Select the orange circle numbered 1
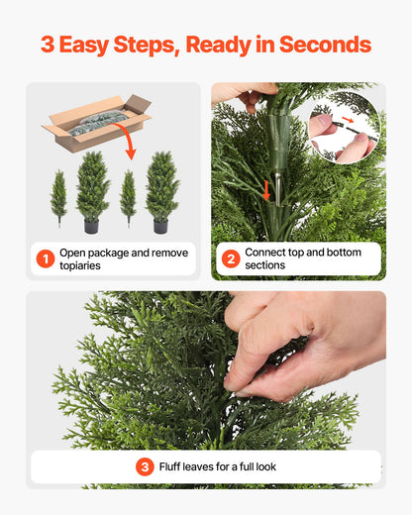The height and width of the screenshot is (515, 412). click(x=45, y=259)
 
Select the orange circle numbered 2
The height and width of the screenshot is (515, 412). click(x=230, y=259)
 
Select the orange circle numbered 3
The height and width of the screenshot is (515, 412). click(x=145, y=466)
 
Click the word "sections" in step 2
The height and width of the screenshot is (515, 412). click(x=265, y=266)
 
